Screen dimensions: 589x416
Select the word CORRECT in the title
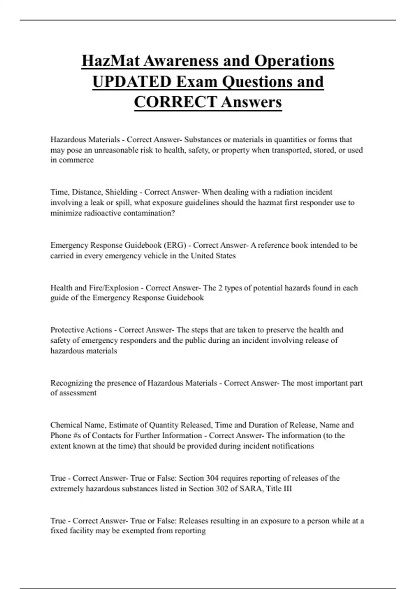click(175, 102)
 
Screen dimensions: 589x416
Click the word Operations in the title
click(294, 61)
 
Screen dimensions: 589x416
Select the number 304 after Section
click(212, 478)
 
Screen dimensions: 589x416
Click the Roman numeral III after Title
click(287, 489)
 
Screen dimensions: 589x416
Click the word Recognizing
click(71, 383)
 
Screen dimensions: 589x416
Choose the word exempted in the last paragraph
click(138, 531)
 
